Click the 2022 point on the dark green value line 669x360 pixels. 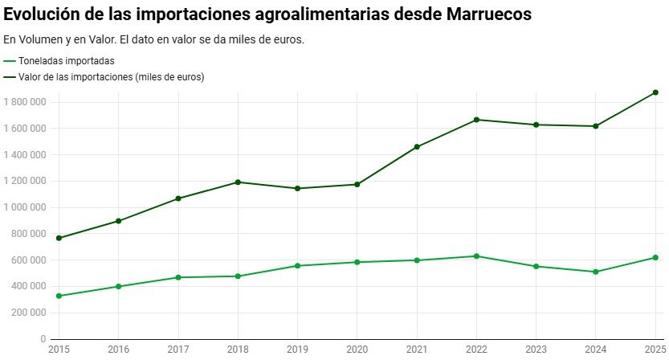[477, 120]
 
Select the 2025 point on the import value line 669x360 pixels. [655, 92]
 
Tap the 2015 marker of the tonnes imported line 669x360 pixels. [59, 296]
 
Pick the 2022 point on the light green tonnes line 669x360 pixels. [477, 256]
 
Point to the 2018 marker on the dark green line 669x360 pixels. [238, 182]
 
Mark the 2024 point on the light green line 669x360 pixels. [596, 272]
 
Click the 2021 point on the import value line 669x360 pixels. [417, 147]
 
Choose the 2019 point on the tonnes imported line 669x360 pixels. [298, 266]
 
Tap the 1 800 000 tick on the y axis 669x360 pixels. [27, 102]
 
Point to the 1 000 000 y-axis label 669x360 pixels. [27, 207]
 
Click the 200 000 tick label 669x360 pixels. [31, 313]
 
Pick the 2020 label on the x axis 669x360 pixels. [357, 350]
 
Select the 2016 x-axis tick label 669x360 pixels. [119, 350]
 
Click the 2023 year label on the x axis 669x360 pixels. [536, 350]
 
